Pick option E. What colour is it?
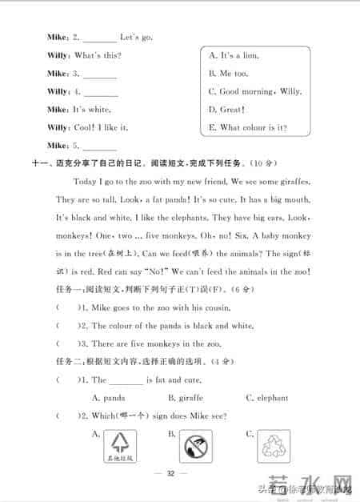247,128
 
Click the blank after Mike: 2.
99,38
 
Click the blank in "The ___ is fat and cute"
126,381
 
